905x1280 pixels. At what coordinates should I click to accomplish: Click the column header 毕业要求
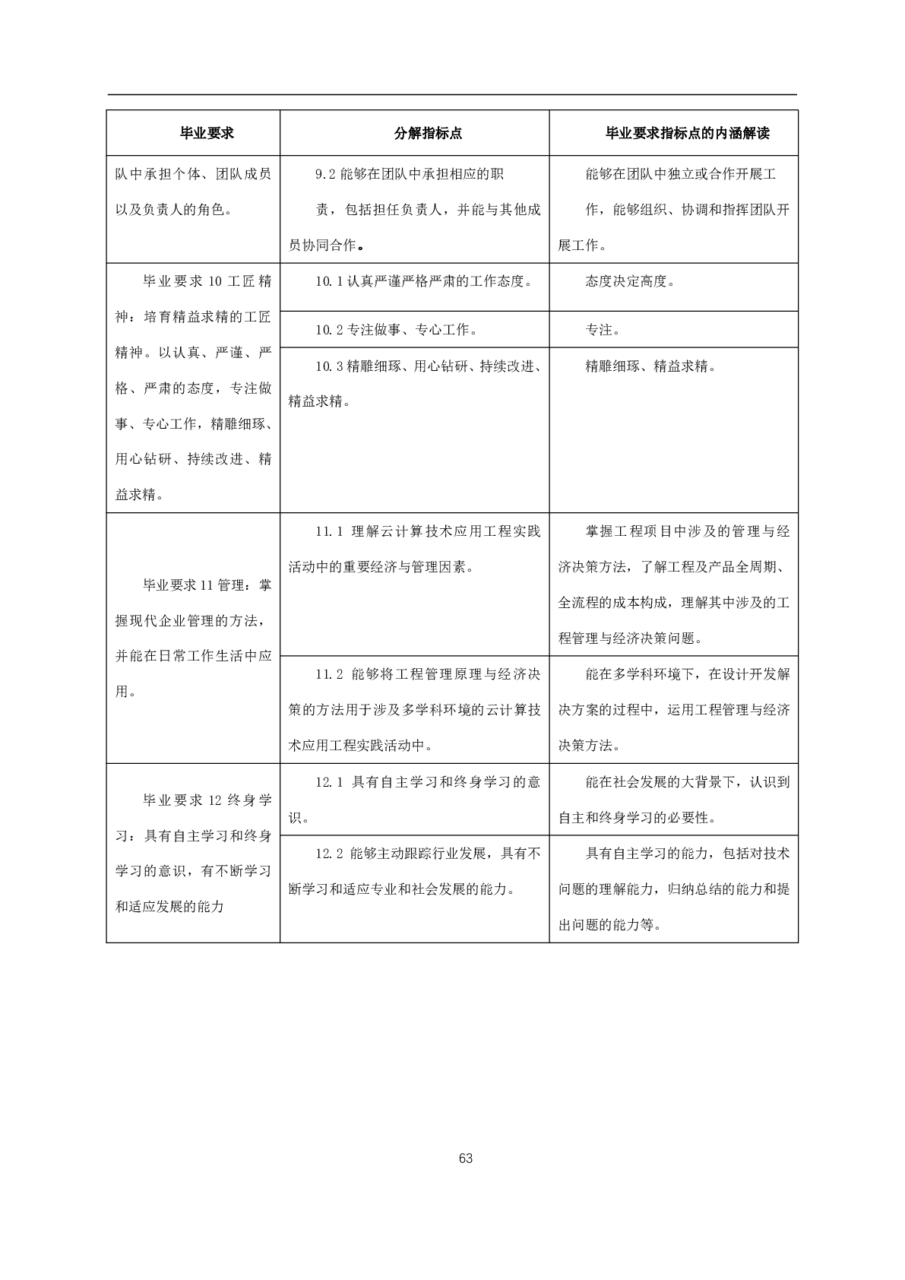pyautogui.click(x=206, y=134)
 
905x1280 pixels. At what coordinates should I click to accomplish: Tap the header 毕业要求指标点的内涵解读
pyautogui.click(x=687, y=134)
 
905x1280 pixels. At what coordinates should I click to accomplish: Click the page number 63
pyautogui.click(x=466, y=1158)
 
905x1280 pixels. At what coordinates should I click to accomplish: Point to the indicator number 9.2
pyautogui.click(x=324, y=174)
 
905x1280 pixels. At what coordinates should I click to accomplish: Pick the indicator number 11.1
pyautogui.click(x=329, y=531)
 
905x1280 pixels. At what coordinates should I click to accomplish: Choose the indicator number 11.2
pyautogui.click(x=329, y=674)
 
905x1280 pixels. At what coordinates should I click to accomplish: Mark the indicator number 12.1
pyautogui.click(x=329, y=782)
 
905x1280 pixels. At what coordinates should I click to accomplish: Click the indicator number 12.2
pyautogui.click(x=329, y=854)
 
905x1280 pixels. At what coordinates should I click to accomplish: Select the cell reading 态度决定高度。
pyautogui.click(x=630, y=281)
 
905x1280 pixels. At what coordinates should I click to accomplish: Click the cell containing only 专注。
pyautogui.click(x=603, y=330)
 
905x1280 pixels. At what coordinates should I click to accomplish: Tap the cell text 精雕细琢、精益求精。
pyautogui.click(x=650, y=366)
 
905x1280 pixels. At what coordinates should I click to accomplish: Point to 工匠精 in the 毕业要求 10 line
pyautogui.click(x=248, y=281)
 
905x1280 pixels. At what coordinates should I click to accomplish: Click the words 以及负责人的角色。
pyautogui.click(x=173, y=210)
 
